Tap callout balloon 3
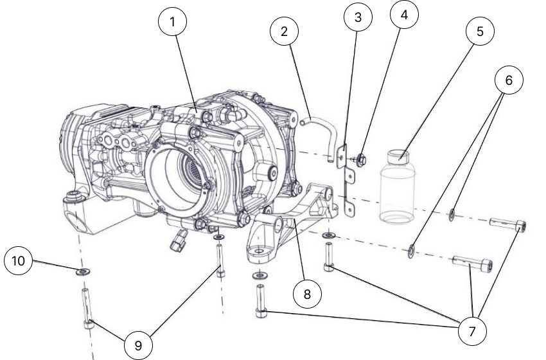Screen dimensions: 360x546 coord(358,17)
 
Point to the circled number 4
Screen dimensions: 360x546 coord(403,15)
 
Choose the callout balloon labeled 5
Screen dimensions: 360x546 coord(479,33)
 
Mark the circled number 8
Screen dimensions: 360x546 coord(307,294)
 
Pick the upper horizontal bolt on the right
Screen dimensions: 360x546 coord(510,224)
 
